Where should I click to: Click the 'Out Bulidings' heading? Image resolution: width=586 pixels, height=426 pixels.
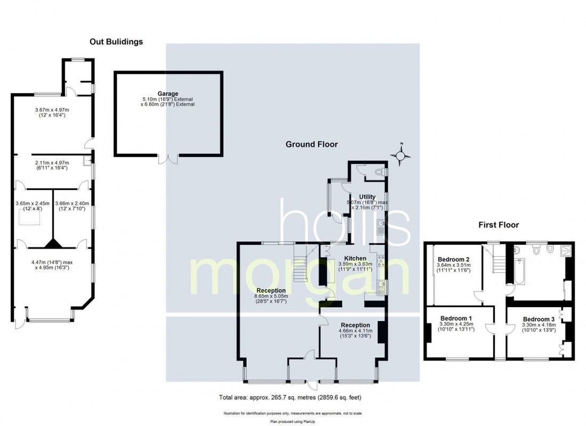(x=116, y=42)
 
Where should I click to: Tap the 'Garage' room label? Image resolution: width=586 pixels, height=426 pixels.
(x=167, y=94)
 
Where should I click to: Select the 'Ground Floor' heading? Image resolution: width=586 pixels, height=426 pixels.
(x=312, y=144)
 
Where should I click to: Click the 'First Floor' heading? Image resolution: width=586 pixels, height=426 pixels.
(x=498, y=225)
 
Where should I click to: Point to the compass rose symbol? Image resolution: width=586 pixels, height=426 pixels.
(x=401, y=155)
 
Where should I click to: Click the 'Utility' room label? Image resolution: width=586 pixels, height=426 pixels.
(x=367, y=197)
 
